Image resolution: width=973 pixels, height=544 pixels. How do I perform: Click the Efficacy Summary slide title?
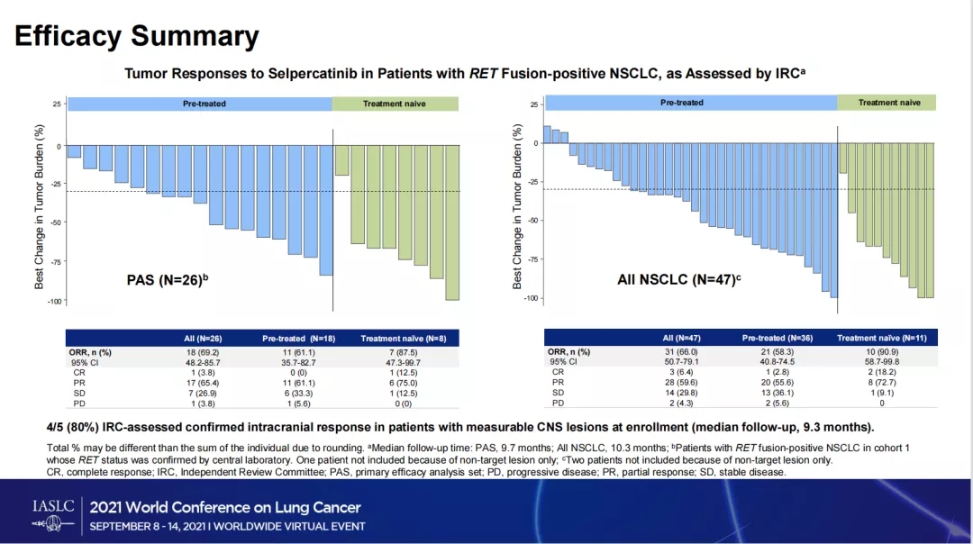(137, 36)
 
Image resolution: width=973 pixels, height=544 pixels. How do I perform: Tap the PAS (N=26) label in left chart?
(168, 280)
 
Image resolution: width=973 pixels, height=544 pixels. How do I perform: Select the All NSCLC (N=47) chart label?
(678, 280)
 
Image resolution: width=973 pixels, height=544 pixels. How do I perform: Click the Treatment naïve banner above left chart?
(395, 104)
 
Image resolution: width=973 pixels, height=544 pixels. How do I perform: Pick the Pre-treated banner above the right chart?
(681, 103)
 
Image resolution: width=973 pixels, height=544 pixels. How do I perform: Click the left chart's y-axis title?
(40, 206)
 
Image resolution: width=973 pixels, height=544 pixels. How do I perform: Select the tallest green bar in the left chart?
(452, 223)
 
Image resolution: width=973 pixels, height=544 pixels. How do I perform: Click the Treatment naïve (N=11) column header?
(881, 338)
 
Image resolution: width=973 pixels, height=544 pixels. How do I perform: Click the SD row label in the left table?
(78, 394)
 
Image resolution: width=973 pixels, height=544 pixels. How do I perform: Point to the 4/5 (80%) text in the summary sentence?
(75, 426)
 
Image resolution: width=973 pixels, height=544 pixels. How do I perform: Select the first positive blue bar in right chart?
(547, 134)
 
